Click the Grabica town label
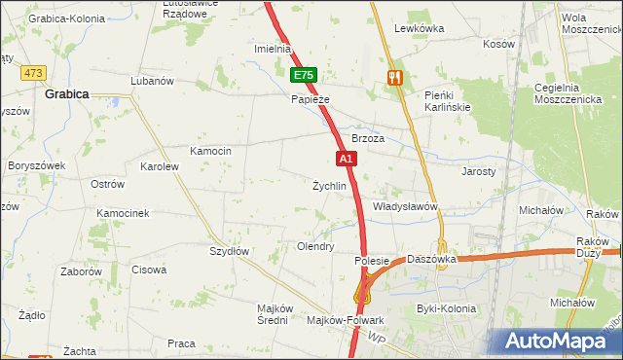click(67, 94)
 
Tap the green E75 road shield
click(304, 75)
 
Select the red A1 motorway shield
click(346, 158)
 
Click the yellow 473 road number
click(35, 73)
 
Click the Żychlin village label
click(329, 186)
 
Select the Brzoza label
click(368, 139)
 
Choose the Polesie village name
click(372, 261)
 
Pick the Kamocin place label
click(210, 151)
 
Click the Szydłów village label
click(231, 251)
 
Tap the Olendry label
click(315, 247)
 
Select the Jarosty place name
click(478, 170)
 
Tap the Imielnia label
click(273, 49)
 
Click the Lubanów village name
click(151, 81)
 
